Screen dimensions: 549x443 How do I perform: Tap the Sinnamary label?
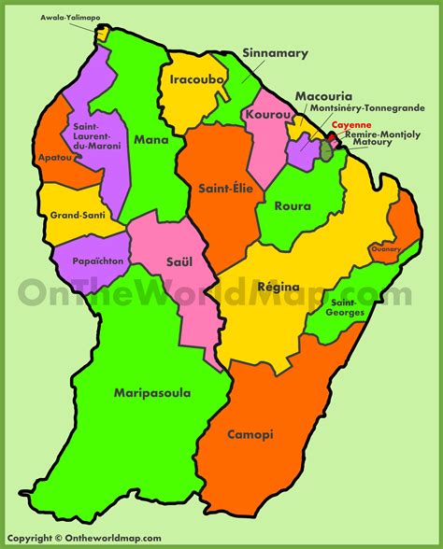(x=275, y=53)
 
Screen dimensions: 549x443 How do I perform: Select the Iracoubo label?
(x=195, y=80)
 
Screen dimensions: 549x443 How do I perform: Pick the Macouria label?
(x=322, y=96)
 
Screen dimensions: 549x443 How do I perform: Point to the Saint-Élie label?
(x=221, y=189)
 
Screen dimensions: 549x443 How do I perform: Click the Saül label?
(x=173, y=262)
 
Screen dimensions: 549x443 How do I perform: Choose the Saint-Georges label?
(x=346, y=307)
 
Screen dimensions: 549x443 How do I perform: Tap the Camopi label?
(x=254, y=434)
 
